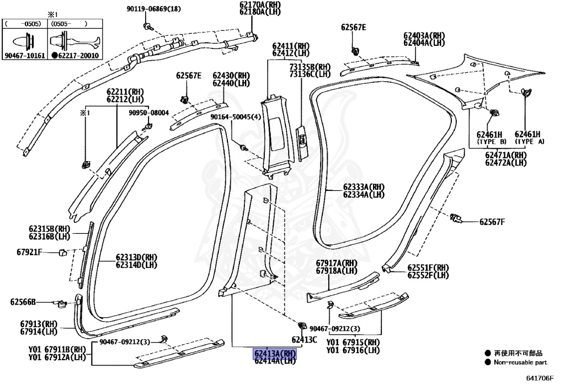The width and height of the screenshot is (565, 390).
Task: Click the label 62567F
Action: tap(492, 222)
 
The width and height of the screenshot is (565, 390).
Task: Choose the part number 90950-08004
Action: tap(149, 113)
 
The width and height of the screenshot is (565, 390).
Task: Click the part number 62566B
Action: tap(23, 302)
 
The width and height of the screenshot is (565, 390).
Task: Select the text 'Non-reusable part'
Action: tap(520, 362)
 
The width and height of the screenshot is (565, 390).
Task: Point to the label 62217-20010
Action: tap(77, 56)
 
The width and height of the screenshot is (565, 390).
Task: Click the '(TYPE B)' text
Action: tap(489, 142)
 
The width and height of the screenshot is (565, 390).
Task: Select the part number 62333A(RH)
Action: tap(363, 187)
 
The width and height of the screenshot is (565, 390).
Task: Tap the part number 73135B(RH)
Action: tap(310, 67)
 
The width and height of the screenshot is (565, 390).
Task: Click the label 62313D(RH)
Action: tap(137, 257)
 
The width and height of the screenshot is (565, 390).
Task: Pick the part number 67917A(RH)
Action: tap(336, 263)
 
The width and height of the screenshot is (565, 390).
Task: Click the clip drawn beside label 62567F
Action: tap(457, 218)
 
